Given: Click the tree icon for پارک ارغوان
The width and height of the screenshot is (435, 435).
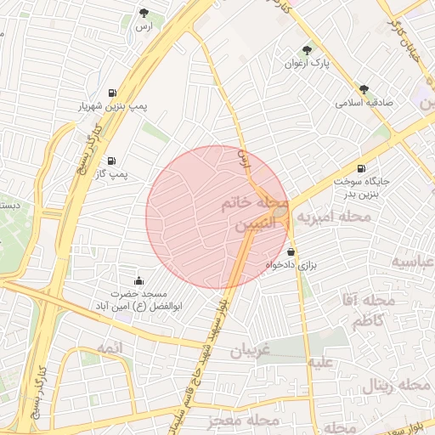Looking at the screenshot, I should pos(307,50).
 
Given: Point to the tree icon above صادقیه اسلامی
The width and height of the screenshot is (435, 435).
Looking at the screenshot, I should pos(364,88).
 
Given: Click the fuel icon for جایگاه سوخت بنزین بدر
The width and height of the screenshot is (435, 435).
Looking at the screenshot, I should pos(363,168).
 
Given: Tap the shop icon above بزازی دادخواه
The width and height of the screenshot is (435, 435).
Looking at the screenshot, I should pos(291,251).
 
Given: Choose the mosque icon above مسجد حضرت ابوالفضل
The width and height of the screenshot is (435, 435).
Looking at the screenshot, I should pos(138,281).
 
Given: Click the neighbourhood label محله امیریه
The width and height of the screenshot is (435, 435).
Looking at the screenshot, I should pos(331,217).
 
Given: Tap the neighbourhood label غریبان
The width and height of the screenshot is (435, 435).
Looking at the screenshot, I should pos(250,350).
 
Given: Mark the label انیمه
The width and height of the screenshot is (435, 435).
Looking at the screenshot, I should pos(110,348).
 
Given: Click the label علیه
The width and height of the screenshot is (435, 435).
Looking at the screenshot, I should pos(324,364).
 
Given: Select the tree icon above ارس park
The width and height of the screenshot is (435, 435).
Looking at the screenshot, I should pos(145,14).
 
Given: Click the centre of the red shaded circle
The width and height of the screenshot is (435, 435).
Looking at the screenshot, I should pos(217,217).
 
